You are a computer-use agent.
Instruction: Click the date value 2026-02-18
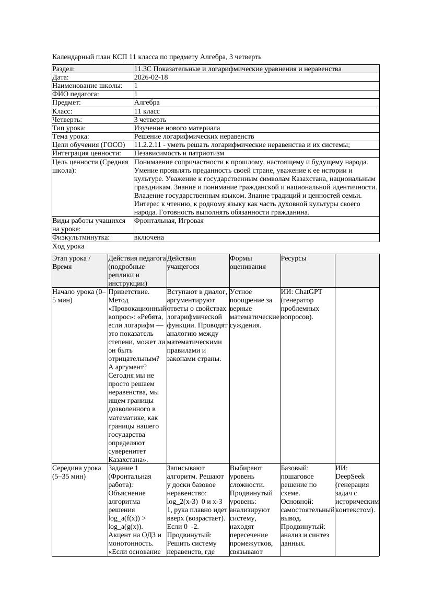151,77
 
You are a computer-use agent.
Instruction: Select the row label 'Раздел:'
64,69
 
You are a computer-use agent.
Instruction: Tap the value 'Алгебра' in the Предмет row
147,103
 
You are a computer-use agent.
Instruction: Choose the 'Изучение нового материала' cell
177,128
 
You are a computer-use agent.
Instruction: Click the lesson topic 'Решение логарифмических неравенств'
194,137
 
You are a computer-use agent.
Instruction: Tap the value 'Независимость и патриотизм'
179,153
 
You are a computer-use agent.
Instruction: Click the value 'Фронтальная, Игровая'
169,221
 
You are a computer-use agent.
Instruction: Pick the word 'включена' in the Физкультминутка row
149,237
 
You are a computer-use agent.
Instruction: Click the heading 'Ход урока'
68,246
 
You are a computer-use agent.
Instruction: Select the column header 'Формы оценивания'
248,262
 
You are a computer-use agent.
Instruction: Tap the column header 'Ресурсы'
294,258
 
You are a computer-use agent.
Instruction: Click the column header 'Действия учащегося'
183,262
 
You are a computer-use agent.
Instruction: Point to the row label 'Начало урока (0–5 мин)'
79,296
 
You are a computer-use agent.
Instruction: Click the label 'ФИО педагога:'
76,94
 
